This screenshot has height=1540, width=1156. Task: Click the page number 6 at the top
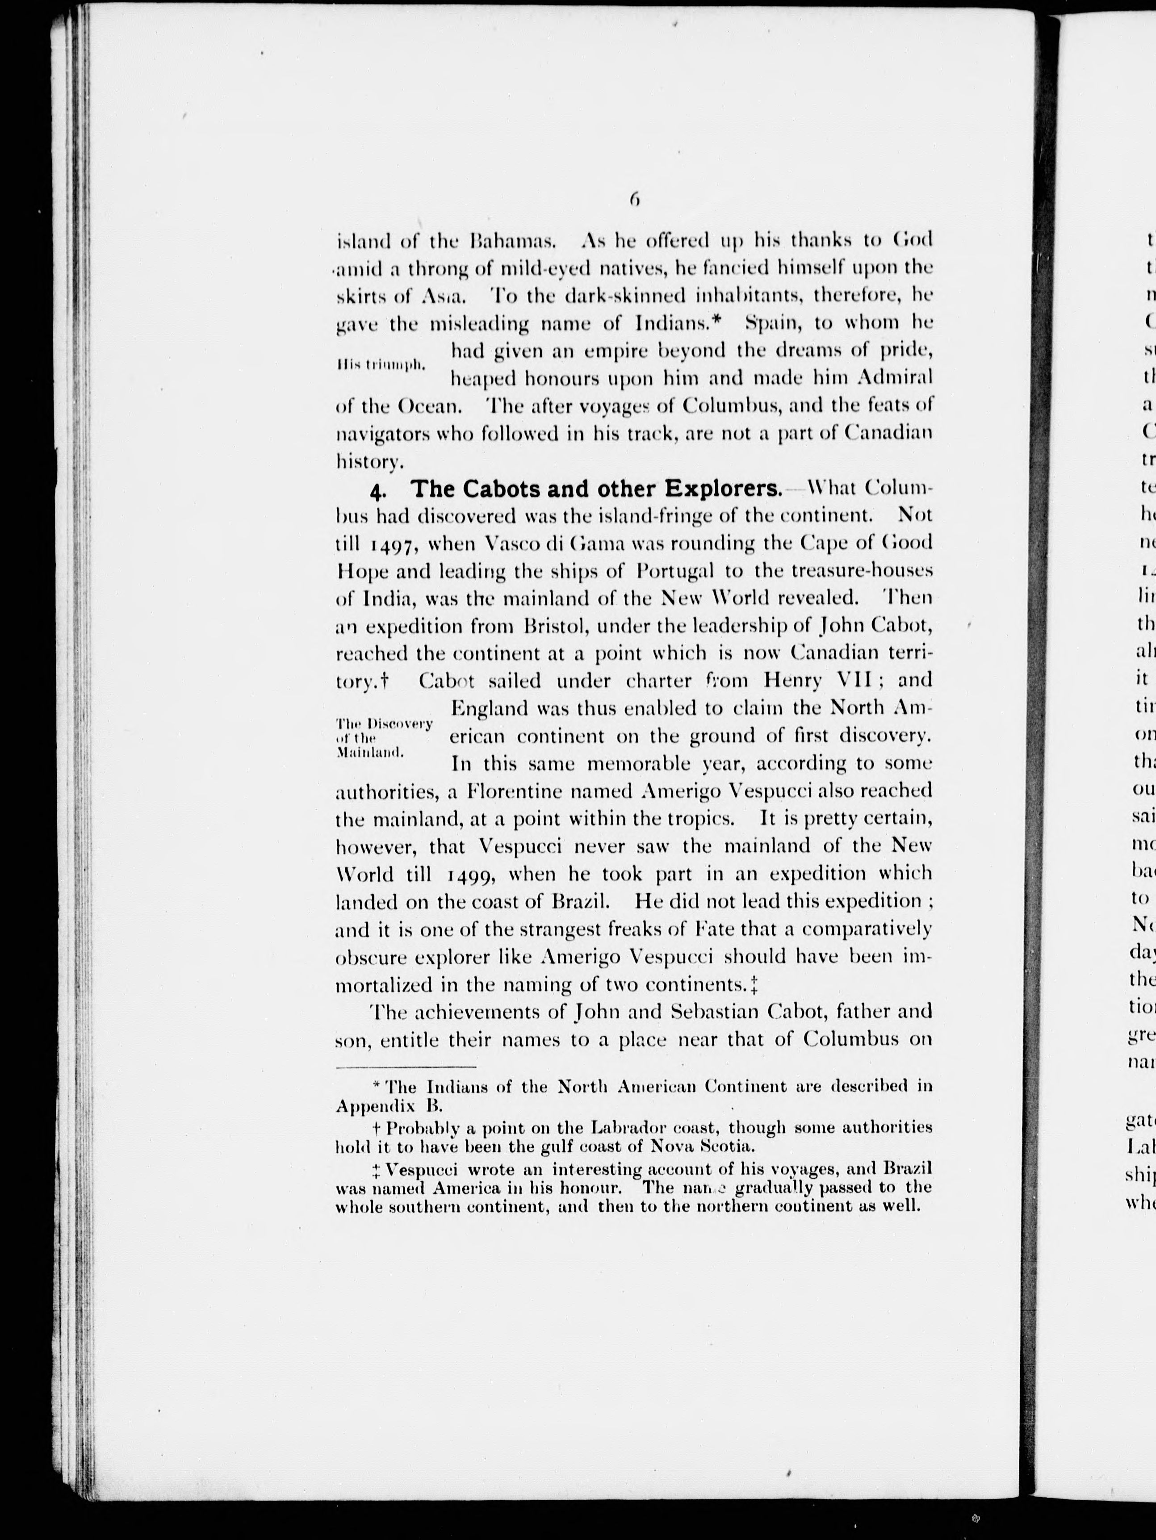[634, 200]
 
